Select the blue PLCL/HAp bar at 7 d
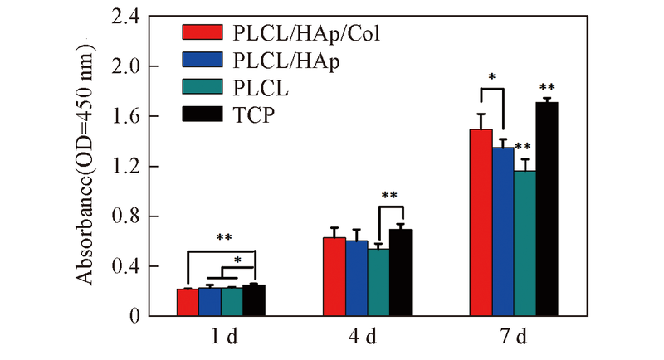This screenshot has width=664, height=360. pyautogui.click(x=504, y=231)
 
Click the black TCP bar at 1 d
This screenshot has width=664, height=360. pyautogui.click(x=254, y=300)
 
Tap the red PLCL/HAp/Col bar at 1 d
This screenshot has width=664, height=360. pyautogui.click(x=188, y=302)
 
